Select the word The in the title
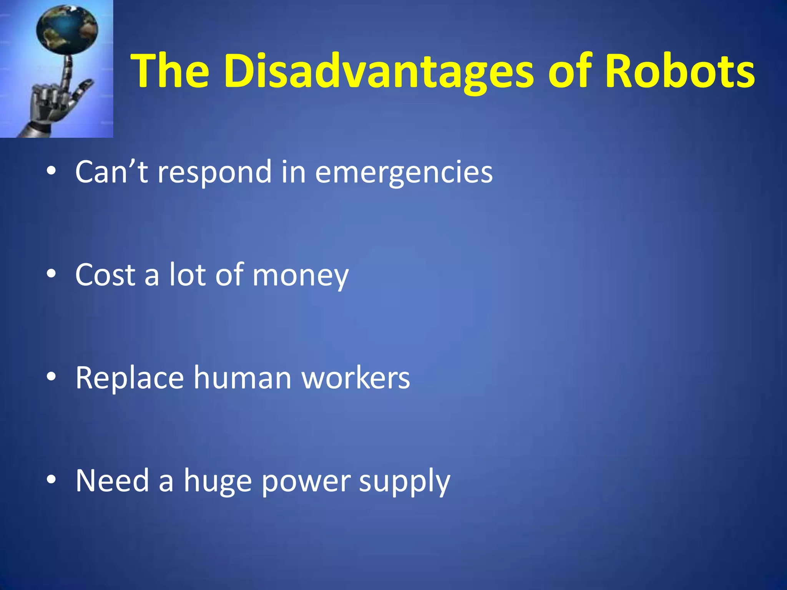170,71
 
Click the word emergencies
403,172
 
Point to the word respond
215,172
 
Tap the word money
300,275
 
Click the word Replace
130,378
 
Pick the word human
242,378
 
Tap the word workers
355,378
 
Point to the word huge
218,481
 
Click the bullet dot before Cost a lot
51,274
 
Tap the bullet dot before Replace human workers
51,377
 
